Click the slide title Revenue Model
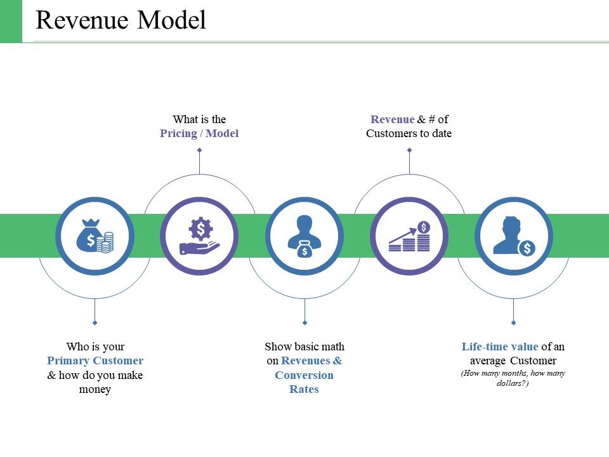[x=121, y=21]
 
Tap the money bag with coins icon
[x=95, y=236]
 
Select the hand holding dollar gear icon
[x=200, y=236]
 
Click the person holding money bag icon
[x=304, y=236]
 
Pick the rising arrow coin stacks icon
[x=409, y=236]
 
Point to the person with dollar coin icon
[x=514, y=236]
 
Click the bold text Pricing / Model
[x=199, y=133]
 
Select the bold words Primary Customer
[x=95, y=361]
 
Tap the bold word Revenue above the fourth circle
[x=392, y=119]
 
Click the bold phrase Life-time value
[x=500, y=347]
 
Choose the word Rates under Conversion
[x=304, y=389]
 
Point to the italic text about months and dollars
[x=513, y=378]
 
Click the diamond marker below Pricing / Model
[x=200, y=150]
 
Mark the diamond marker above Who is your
[x=95, y=322]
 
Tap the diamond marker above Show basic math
[x=304, y=322]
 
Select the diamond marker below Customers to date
[x=409, y=150]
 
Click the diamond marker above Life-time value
[x=514, y=322]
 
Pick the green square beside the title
[x=11, y=21]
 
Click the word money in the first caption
[x=95, y=389]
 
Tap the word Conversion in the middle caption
[x=304, y=375]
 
